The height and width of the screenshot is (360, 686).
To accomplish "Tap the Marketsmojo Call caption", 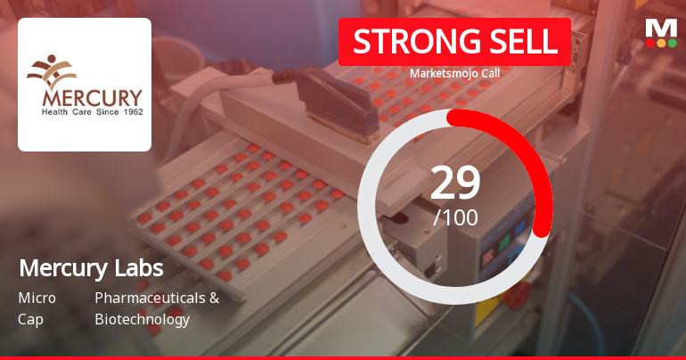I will (454, 73).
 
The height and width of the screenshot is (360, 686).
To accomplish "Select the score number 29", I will (455, 183).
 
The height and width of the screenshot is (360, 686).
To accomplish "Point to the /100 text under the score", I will (455, 217).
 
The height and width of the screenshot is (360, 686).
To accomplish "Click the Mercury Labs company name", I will (91, 268).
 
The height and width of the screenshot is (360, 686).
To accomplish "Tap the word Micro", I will (37, 298).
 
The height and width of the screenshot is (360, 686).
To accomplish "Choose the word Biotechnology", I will (142, 319).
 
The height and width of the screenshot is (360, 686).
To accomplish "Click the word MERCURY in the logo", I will (85, 96).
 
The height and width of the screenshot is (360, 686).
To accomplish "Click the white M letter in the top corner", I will (661, 28).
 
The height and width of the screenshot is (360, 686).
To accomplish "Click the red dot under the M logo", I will (650, 43).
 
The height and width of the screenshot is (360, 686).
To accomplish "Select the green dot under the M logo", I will (661, 43).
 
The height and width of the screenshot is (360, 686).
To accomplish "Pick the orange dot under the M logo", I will (672, 43).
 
